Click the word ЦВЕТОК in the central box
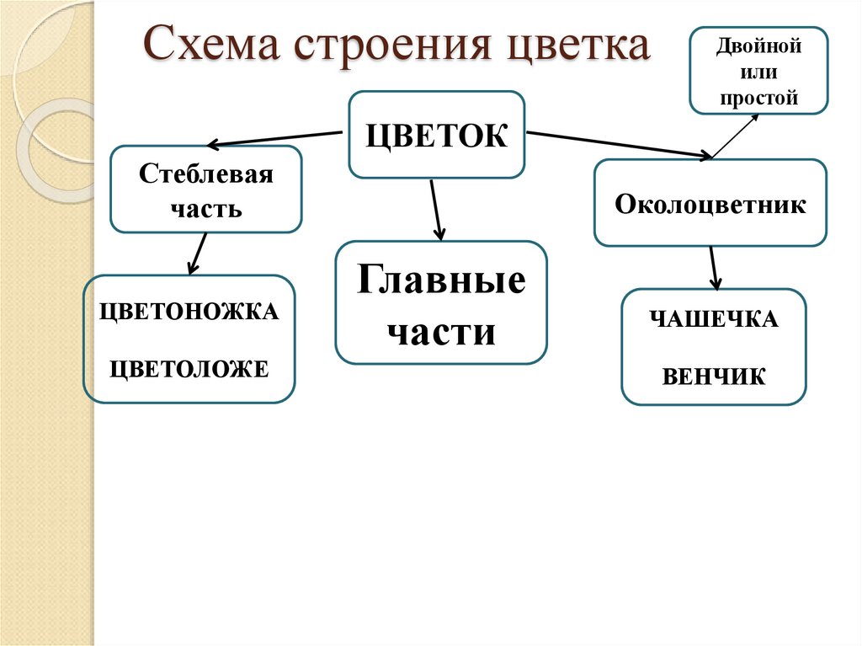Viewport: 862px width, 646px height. pos(437,135)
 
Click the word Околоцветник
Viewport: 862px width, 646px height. pos(710,204)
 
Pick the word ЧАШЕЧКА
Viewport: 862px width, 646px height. pos(713,320)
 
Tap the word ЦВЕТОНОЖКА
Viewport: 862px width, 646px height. pos(189,312)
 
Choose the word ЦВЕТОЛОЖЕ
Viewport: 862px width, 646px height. pos(189,368)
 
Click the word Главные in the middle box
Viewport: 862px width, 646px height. pos(441,280)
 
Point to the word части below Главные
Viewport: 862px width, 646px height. pos(441,331)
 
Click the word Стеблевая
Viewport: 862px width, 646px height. pos(206,175)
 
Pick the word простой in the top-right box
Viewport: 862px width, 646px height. pos(758,98)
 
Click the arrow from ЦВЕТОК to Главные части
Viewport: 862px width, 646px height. pos(436,210)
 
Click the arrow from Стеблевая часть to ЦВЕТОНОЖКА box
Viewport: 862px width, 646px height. pos(198,254)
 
